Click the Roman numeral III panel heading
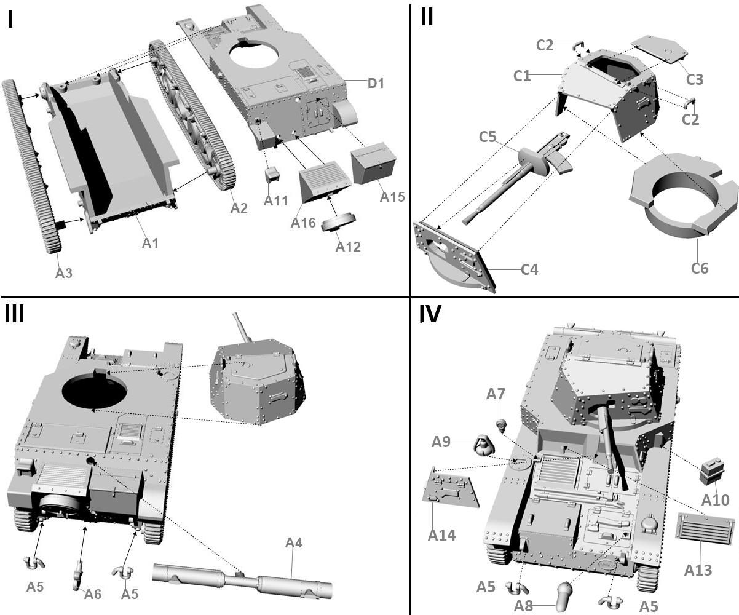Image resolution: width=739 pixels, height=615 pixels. pyautogui.click(x=15, y=314)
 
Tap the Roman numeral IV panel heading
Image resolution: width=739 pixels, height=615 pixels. pyautogui.click(x=430, y=314)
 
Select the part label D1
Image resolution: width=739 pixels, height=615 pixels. pyautogui.click(x=376, y=82)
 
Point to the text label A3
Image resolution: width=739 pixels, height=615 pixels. pyautogui.click(x=64, y=273)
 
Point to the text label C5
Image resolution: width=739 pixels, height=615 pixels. pyautogui.click(x=488, y=137)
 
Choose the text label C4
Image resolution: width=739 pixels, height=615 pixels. pyautogui.click(x=529, y=269)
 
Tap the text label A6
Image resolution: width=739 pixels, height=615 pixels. pyautogui.click(x=93, y=593)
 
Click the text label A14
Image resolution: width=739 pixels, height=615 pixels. pyautogui.click(x=441, y=535)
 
